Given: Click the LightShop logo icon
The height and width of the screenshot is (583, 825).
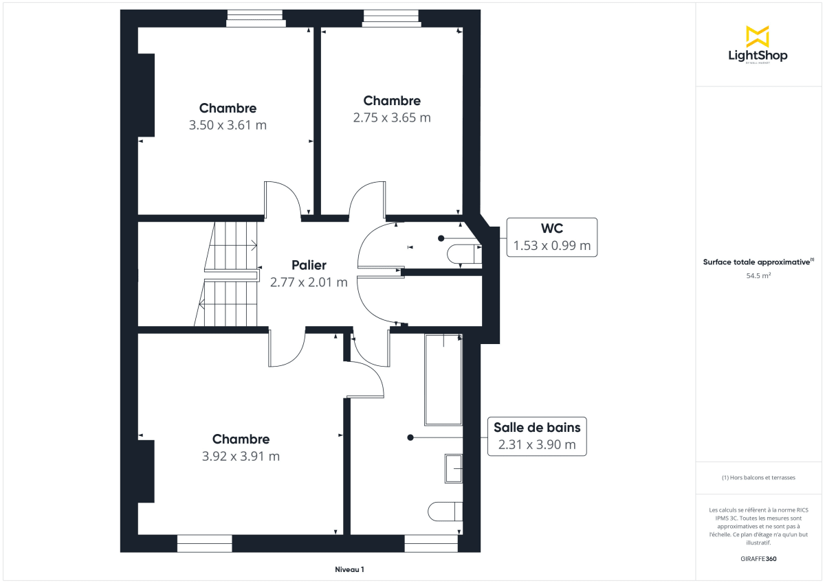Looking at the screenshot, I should pyautogui.click(x=758, y=36).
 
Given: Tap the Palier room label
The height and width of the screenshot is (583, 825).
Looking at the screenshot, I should pyautogui.click(x=309, y=265).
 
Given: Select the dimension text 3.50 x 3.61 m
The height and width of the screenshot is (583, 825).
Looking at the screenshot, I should pyautogui.click(x=228, y=126).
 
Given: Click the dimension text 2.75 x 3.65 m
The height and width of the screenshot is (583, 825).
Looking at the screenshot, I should pyautogui.click(x=392, y=117).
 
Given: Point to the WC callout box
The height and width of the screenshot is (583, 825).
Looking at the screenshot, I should pyautogui.click(x=551, y=237).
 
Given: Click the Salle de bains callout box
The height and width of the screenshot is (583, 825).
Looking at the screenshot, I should pyautogui.click(x=537, y=436).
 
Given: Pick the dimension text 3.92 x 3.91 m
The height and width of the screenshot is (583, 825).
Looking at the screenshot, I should pyautogui.click(x=241, y=457).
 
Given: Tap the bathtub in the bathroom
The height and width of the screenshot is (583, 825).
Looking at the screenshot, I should pyautogui.click(x=443, y=379).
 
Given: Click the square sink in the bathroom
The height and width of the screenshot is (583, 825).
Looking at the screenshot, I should pyautogui.click(x=454, y=469).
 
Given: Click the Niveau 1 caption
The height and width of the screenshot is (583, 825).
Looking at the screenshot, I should pyautogui.click(x=349, y=569).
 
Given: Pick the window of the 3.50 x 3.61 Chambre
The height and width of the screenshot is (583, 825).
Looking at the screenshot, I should pyautogui.click(x=256, y=18).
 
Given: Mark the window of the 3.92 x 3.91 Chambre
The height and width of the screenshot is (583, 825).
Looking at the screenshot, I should pyautogui.click(x=204, y=543).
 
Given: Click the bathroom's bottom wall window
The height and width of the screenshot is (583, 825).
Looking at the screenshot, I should pyautogui.click(x=431, y=543).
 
